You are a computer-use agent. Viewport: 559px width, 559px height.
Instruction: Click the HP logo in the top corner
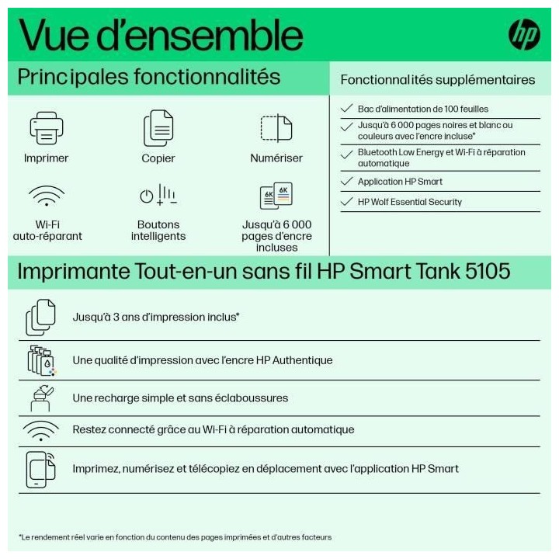click(x=524, y=35)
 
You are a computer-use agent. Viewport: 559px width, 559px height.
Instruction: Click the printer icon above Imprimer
click(x=46, y=128)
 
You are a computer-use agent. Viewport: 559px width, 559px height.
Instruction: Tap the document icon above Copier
click(x=158, y=128)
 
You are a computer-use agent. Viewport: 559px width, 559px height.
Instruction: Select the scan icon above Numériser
click(x=276, y=128)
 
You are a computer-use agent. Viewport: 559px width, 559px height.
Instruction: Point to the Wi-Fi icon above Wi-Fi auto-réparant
click(x=46, y=195)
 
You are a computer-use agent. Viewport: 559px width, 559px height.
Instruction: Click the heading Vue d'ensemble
click(x=160, y=35)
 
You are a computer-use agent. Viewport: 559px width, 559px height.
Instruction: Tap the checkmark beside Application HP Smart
click(x=347, y=182)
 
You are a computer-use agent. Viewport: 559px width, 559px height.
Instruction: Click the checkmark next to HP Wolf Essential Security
click(x=347, y=202)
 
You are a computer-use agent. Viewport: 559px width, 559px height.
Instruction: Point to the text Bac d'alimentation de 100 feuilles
click(x=423, y=109)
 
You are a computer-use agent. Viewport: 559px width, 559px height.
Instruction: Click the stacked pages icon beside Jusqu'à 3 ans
click(x=41, y=317)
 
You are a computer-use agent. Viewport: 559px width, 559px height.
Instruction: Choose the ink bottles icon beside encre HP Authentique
click(x=41, y=360)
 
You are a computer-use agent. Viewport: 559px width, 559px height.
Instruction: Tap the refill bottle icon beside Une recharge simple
click(x=40, y=398)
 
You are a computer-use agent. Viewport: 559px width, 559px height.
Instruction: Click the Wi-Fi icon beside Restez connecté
click(x=40, y=430)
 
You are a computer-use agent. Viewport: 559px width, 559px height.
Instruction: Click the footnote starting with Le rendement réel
click(x=175, y=536)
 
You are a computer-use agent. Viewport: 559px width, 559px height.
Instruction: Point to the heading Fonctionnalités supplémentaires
click(x=438, y=79)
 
